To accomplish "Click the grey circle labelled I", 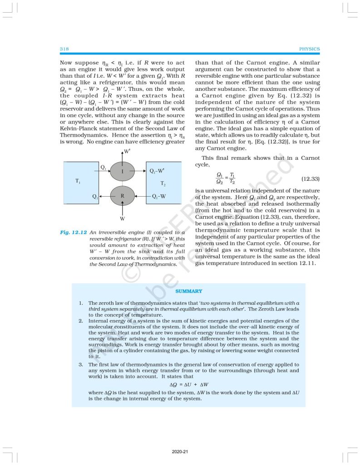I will pos(123,171).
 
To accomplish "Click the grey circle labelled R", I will pos(123,196).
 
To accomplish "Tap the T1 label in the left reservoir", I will pos(78,181).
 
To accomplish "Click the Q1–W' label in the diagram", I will pos(157,171).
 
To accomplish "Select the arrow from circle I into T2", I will pos(141,171).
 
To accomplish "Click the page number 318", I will pos(64,49).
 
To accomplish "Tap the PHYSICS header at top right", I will pos(310,49).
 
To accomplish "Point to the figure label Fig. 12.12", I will pos(73,232).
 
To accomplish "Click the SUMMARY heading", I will pos(189,291).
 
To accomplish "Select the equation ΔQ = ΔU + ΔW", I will pos(189,384).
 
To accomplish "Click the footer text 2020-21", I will pos(180,452).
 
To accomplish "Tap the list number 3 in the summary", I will pos(80,365).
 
